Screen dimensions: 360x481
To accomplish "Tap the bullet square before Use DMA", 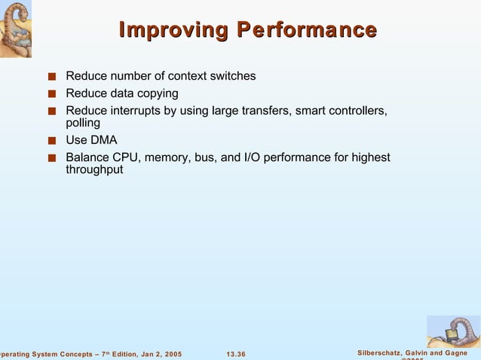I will (x=51, y=141).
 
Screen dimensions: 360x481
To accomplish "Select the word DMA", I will (x=103, y=140).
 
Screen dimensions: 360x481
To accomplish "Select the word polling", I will (x=83, y=124).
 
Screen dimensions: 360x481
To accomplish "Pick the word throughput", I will (x=94, y=170).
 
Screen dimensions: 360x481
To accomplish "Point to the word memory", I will (x=167, y=157).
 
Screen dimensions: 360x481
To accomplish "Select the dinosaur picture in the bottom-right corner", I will (x=453, y=331).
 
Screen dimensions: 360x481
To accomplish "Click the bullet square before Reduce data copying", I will (x=51, y=94).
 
